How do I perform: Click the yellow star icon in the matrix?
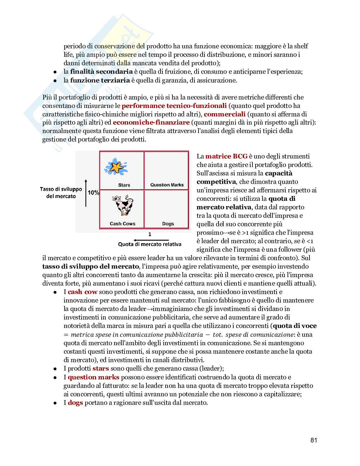coord(116,167)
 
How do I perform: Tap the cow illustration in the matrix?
coord(121,206)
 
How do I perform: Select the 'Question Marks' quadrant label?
coord(167,185)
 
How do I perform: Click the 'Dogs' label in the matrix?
coord(168,224)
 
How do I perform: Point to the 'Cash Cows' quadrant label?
coord(122,224)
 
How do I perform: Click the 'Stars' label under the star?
coord(124,185)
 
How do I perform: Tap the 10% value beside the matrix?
coord(93,193)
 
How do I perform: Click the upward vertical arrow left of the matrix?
coord(86,193)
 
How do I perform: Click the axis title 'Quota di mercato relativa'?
coord(150,244)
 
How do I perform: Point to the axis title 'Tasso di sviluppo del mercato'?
coord(61,193)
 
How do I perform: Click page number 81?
coord(314,440)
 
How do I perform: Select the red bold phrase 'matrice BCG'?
coord(226,156)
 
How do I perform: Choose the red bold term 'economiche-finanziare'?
coord(151,122)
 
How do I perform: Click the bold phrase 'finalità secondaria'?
coord(101,72)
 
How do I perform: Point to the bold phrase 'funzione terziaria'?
coord(100,80)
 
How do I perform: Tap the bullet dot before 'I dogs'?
coord(55,403)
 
